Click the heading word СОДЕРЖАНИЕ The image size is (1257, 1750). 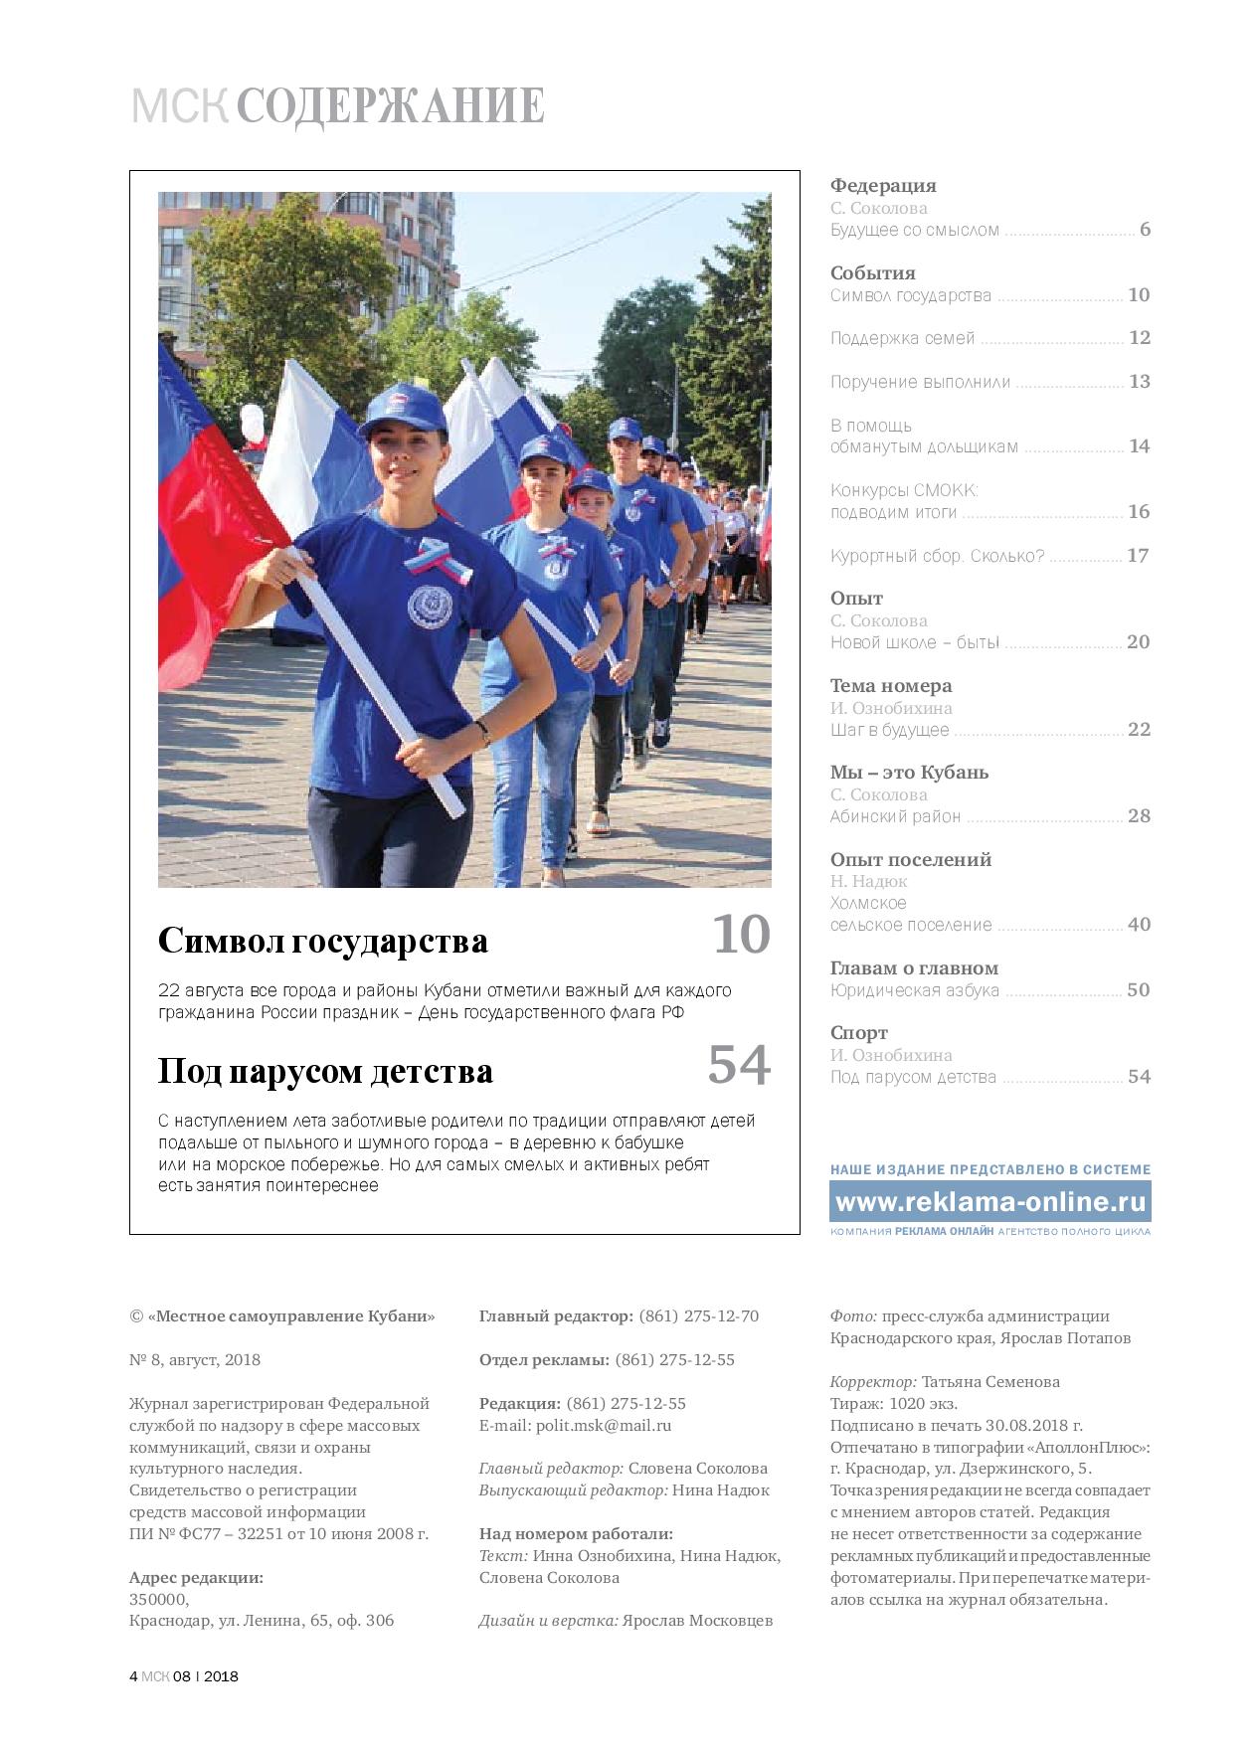(x=391, y=106)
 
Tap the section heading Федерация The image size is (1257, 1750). (x=883, y=186)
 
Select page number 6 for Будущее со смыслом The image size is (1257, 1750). (x=1145, y=230)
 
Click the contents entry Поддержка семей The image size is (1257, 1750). (x=902, y=338)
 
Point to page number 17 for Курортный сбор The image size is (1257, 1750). (x=1138, y=556)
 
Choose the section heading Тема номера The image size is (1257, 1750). (x=890, y=686)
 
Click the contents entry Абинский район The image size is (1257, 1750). (x=895, y=816)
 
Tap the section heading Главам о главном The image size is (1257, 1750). (x=914, y=968)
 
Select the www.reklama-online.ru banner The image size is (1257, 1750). (x=990, y=1202)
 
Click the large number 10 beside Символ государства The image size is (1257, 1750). (x=741, y=935)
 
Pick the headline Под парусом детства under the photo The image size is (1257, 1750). (x=325, y=1072)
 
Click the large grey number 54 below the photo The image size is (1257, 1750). (x=739, y=1065)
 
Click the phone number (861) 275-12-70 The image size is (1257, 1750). (x=698, y=1316)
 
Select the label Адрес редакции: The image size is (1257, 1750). (x=196, y=1577)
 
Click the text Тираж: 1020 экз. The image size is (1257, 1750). (x=894, y=1403)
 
